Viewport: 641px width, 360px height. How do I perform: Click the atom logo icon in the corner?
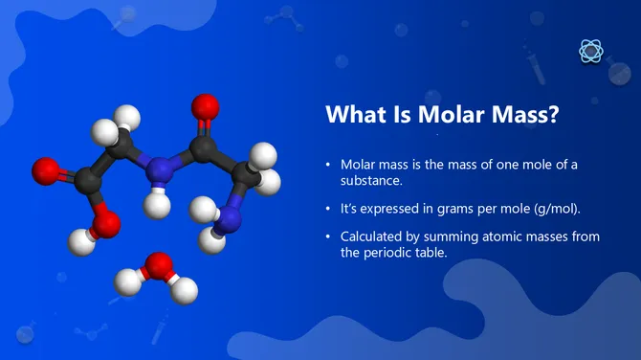[591, 52]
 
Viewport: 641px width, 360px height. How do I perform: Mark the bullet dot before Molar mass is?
[328, 165]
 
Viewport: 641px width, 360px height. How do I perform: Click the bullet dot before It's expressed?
[328, 208]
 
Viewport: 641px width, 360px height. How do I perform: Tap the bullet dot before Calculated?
[328, 236]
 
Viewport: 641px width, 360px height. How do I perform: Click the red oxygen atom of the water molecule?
[157, 266]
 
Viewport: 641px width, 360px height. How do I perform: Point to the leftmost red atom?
[45, 172]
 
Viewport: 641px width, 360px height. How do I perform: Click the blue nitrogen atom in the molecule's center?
[163, 169]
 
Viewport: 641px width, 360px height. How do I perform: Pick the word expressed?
[390, 208]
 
